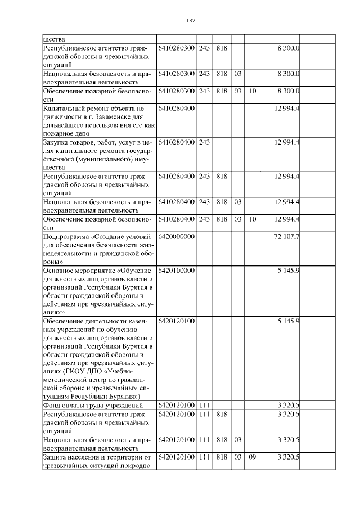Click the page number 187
(190, 20)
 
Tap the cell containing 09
(253, 457)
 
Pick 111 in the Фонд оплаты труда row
(204, 406)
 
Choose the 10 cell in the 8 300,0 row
(253, 90)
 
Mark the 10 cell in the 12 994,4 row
(253, 219)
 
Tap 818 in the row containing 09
(221, 457)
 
